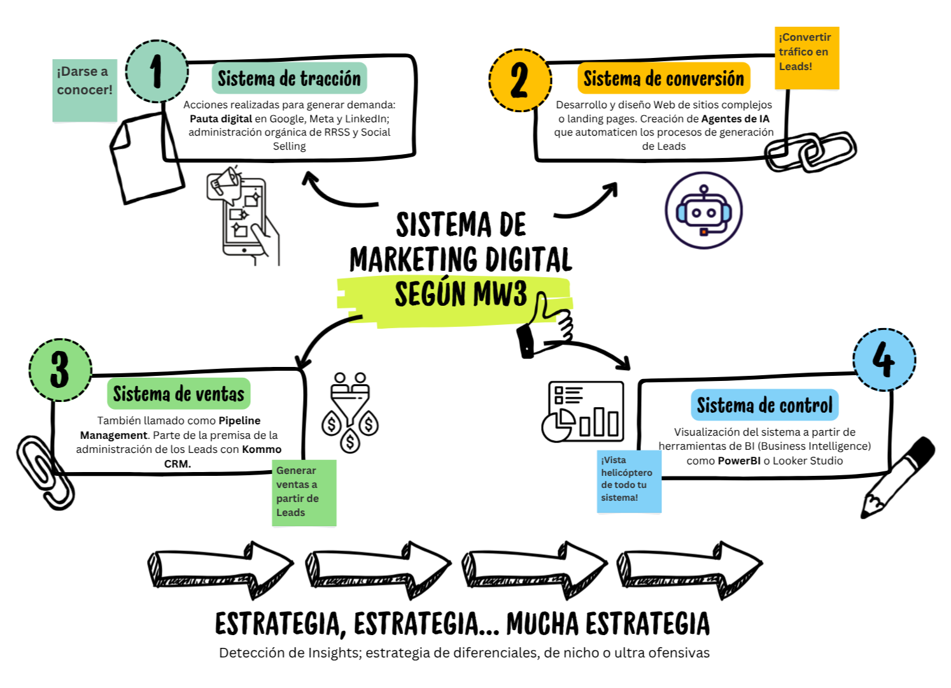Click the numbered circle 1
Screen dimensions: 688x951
click(157, 71)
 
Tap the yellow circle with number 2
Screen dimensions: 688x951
click(519, 80)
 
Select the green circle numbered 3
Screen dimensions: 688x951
click(60, 369)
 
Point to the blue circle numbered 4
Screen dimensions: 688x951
click(884, 359)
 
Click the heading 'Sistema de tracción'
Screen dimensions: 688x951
click(289, 78)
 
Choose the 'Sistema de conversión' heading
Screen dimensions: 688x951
click(663, 78)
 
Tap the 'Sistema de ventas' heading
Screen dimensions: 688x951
click(178, 394)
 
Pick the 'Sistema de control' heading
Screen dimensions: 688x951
click(764, 405)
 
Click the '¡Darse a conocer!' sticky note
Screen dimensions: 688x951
click(85, 90)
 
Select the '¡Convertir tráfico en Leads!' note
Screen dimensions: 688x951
click(806, 57)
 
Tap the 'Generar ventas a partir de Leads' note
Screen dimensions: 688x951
click(304, 492)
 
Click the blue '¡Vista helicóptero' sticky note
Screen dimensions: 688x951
click(629, 481)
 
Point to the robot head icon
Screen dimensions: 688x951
click(703, 211)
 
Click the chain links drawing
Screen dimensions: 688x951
click(810, 152)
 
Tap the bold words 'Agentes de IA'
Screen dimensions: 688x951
click(735, 118)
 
